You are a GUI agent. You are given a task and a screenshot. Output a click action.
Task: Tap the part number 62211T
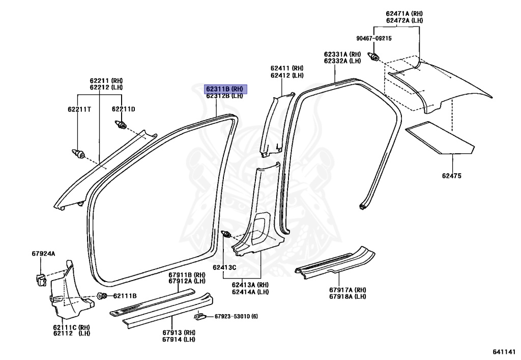79,109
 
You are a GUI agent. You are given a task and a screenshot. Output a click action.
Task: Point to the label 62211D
124,109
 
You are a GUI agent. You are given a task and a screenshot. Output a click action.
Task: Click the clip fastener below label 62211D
122,124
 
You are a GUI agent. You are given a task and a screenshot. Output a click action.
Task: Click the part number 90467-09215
374,38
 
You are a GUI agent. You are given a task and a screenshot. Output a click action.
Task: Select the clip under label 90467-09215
374,56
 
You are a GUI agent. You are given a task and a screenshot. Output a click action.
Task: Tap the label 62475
451,176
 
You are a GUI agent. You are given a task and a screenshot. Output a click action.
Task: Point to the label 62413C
224,267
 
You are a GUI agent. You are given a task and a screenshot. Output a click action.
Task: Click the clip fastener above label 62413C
227,235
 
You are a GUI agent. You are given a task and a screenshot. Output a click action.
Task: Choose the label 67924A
43,253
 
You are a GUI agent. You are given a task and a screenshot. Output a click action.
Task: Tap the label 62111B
125,296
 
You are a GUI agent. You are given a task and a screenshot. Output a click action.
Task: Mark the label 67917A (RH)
347,290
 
